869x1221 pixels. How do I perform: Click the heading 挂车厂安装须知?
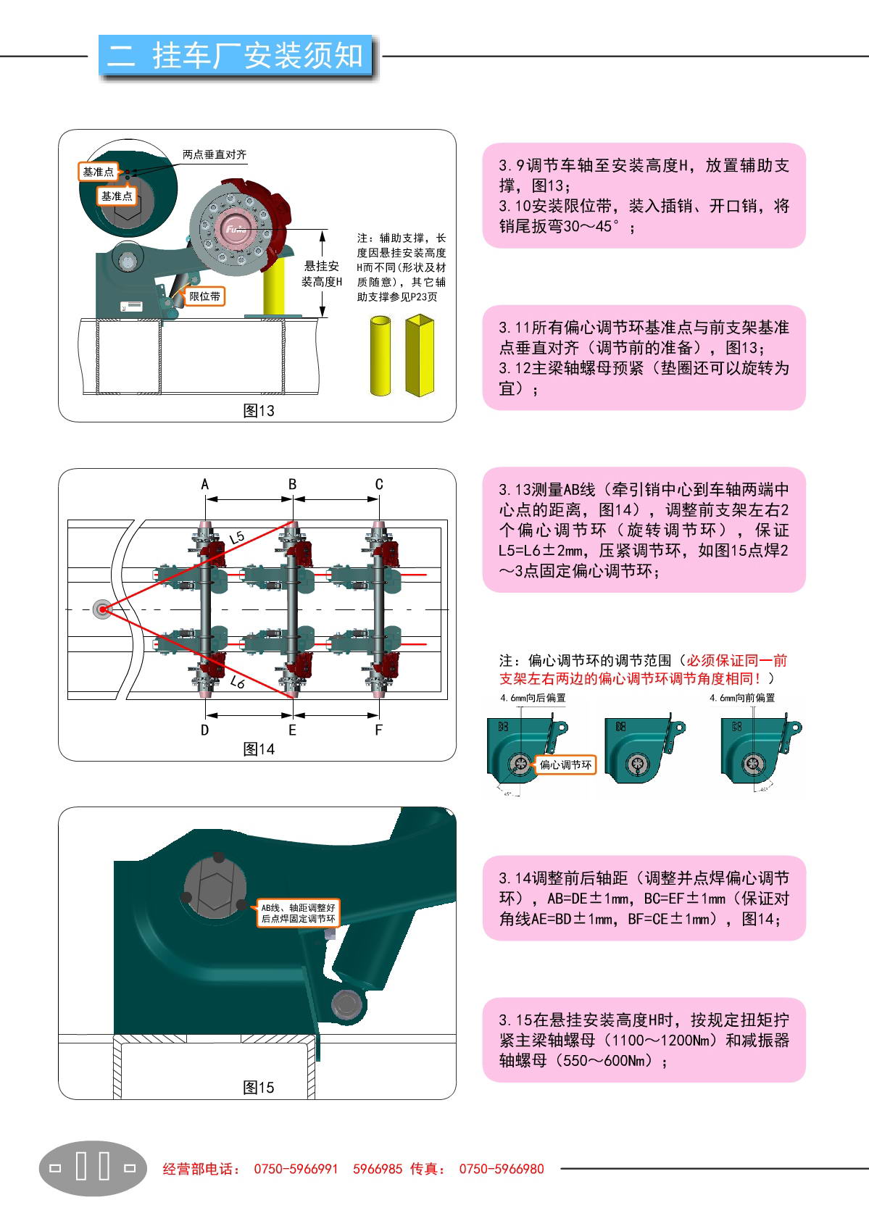pos(257,56)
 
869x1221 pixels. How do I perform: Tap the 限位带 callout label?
pos(204,296)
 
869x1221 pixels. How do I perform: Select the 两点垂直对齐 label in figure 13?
pos(215,154)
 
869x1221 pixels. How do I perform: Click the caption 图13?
pos(259,411)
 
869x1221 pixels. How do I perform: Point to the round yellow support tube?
pos(381,355)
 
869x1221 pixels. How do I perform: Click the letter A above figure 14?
pos(205,484)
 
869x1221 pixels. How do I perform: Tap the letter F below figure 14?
pos(378,730)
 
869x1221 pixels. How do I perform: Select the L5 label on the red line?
pos(237,537)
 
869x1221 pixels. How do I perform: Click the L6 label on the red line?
pos(237,682)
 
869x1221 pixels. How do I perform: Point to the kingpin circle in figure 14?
pos(101,609)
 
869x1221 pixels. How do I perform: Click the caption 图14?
pos(259,749)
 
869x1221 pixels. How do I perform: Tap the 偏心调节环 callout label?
pos(565,764)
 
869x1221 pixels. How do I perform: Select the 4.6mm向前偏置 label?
pos(742,698)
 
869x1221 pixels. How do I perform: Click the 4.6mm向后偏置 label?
pos(533,698)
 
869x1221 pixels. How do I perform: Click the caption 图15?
pos(259,1088)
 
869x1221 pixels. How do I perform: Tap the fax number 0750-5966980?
pos(502,1168)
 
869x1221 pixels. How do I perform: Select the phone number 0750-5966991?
pos(296,1168)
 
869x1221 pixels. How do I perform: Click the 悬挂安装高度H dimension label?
pos(322,274)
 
